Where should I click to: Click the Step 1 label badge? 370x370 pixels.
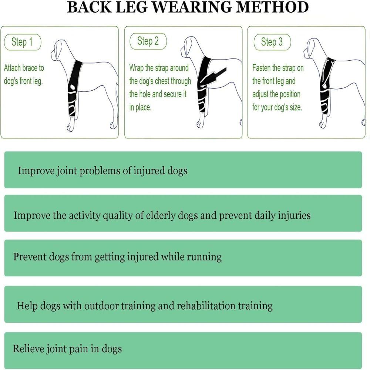pyautogui.click(x=22, y=42)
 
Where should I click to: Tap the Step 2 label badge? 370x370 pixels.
pyautogui.click(x=148, y=41)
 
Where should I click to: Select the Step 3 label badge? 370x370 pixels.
pyautogui.click(x=272, y=42)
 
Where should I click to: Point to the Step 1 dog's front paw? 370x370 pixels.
pyautogui.click(x=70, y=128)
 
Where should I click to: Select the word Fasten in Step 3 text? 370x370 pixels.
pyautogui.click(x=262, y=68)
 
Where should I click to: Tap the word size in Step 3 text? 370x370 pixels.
pyautogui.click(x=295, y=107)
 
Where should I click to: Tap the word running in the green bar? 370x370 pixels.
pyautogui.click(x=204, y=257)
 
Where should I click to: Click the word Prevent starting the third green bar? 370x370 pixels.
pyautogui.click(x=29, y=257)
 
